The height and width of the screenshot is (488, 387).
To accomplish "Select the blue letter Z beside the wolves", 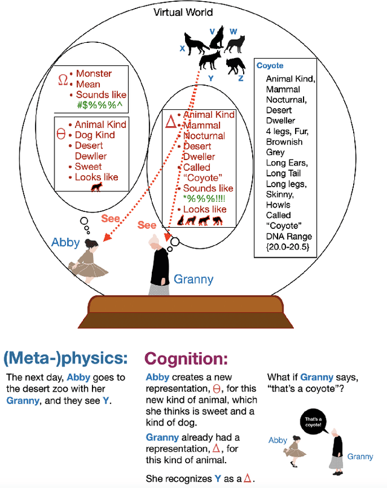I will click(241, 79).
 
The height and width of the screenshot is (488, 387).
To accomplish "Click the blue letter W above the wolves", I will click(233, 31).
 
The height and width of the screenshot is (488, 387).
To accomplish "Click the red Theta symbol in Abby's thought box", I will click(60, 134).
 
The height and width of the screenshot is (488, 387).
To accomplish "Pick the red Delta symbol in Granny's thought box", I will click(171, 123).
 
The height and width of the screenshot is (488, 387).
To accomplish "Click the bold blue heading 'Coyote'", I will click(270, 65).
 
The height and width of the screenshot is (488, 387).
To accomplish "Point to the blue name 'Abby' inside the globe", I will click(65, 242).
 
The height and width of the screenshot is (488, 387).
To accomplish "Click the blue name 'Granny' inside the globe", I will click(193, 278).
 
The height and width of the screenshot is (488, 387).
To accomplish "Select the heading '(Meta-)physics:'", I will click(66, 358).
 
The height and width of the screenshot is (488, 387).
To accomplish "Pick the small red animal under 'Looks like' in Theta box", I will click(96, 188).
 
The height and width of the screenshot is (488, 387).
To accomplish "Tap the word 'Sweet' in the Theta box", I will click(88, 166).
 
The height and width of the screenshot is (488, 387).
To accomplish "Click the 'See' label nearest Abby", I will click(110, 218).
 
